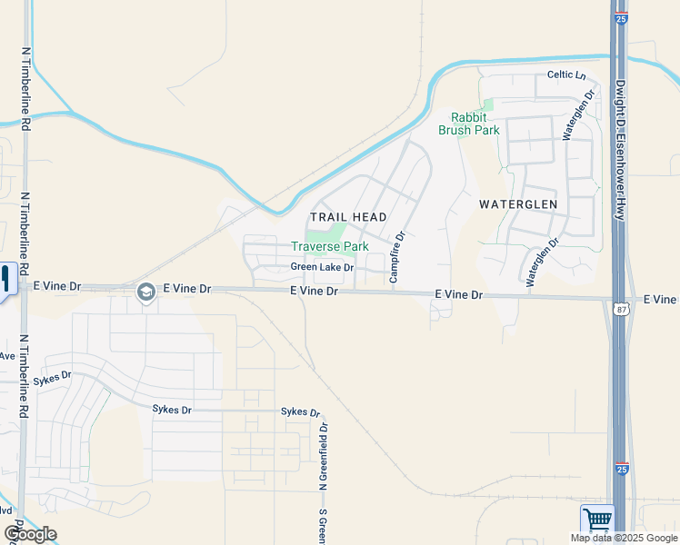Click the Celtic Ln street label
[566, 75]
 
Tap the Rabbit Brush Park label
[469, 124]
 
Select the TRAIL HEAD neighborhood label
[349, 217]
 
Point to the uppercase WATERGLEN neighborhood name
[517, 204]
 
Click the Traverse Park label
[329, 246]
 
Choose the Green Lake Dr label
[321, 267]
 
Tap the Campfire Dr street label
[396, 257]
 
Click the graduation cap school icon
[145, 292]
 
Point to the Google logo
[30, 534]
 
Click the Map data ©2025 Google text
[624, 538]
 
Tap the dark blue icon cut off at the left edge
[5, 278]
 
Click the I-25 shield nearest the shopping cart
[621, 469]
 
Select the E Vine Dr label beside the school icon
[186, 288]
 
